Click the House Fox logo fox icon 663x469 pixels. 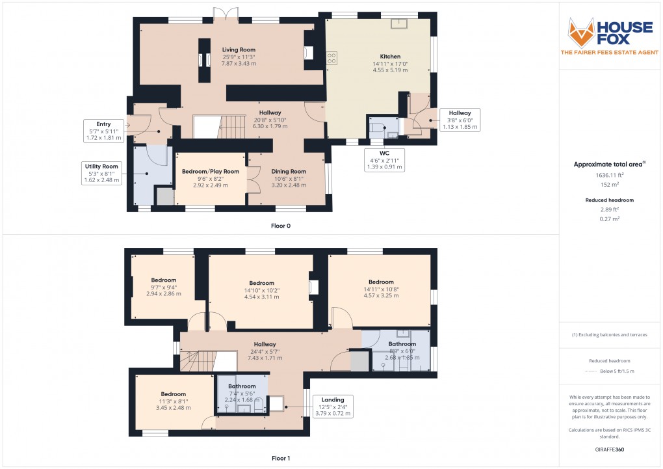pos(582,32)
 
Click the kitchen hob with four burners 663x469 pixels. pos(332,59)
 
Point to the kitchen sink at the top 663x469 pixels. pos(398,25)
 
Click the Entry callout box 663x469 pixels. pos(103,131)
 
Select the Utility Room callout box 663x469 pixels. pos(100,173)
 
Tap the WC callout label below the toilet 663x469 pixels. pos(385,160)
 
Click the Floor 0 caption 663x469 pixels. pos(281,226)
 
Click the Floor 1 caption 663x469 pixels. pos(281,458)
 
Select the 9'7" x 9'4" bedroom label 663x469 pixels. pos(163,287)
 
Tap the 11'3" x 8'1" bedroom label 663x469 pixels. pos(174,401)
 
